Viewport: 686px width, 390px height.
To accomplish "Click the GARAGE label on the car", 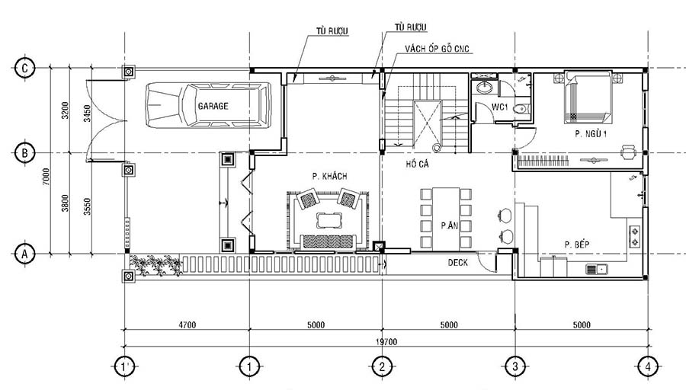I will click(213, 106).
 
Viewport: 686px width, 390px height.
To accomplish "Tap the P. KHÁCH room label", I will click(329, 176).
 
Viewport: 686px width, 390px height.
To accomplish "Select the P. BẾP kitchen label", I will click(579, 244).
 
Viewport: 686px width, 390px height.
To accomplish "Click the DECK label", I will click(457, 262).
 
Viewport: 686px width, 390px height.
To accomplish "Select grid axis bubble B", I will click(25, 153).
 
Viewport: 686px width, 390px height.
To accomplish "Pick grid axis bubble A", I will click(25, 252).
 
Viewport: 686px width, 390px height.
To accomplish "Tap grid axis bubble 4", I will click(647, 366).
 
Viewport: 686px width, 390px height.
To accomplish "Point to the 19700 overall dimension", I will click(386, 341).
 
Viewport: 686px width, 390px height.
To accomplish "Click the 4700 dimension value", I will click(187, 325).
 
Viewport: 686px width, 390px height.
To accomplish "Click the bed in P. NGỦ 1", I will click(586, 97).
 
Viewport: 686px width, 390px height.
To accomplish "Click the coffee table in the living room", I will click(329, 220).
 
